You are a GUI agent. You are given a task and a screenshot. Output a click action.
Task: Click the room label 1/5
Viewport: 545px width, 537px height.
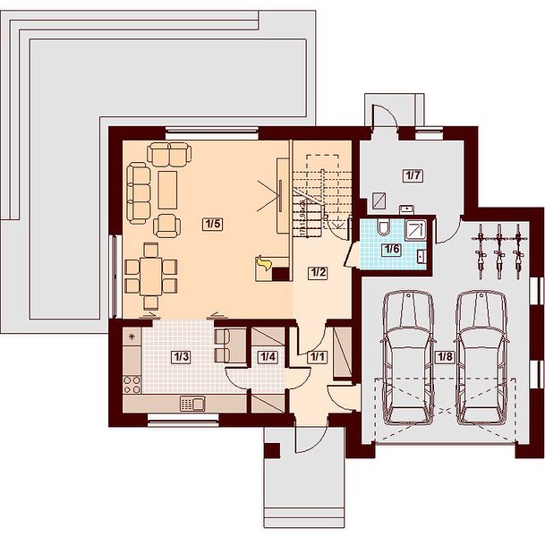pos(213,224)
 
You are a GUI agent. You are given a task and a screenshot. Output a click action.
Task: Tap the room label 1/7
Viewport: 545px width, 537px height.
pos(413,175)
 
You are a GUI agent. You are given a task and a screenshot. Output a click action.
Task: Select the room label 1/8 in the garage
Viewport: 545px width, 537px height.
pos(446,356)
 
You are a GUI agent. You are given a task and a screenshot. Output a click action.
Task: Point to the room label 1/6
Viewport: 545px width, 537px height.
pos(392,249)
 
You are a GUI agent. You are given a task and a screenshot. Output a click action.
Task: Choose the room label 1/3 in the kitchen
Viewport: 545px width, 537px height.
pos(181,357)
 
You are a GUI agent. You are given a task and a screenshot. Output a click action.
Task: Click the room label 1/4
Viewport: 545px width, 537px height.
pos(268,357)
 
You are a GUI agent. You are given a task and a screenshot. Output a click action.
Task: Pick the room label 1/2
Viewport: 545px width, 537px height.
pos(318,272)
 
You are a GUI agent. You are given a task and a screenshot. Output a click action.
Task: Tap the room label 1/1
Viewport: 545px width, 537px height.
pos(317,357)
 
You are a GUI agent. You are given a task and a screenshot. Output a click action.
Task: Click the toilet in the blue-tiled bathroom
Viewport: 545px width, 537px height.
pos(384,226)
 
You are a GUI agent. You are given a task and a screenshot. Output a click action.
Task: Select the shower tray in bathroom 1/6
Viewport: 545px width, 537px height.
pos(416,229)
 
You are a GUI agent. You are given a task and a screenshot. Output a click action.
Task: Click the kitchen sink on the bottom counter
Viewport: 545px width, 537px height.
pos(192,404)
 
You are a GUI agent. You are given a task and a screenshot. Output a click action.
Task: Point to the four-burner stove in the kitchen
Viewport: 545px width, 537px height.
pos(132,385)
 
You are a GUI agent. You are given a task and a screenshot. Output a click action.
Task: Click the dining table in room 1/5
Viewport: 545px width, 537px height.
pos(151,277)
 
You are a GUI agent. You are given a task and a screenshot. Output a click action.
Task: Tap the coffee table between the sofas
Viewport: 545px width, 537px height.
pos(167,190)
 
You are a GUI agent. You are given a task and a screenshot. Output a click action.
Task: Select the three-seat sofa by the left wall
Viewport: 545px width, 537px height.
pos(139,193)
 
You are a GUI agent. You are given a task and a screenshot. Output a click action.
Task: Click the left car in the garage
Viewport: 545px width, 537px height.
pos(408,358)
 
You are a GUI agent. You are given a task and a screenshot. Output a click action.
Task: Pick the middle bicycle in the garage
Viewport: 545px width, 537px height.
pos(499,251)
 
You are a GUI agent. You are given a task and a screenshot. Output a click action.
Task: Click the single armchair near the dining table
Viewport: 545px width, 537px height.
pos(166,226)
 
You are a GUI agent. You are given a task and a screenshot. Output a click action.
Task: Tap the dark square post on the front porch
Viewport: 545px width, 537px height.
pos(272,450)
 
